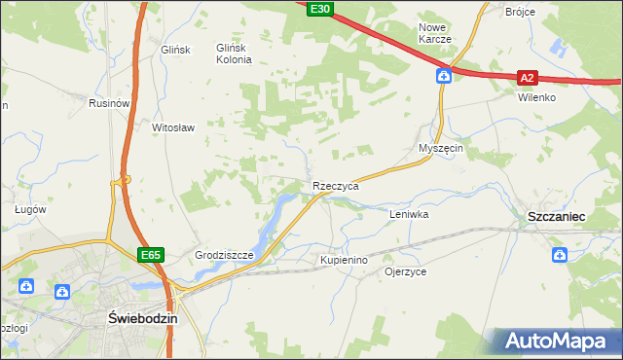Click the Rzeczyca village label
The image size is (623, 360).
[336, 186]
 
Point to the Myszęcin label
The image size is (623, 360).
[440, 148]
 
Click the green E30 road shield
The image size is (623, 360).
[320, 9]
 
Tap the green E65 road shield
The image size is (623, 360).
[150, 255]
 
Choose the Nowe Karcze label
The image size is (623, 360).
[434, 33]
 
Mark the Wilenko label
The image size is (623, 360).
[536, 98]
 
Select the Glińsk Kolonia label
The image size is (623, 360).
[234, 54]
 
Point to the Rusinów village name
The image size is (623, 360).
[109, 103]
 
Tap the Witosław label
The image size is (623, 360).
[174, 127]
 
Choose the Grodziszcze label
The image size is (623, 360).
[224, 256]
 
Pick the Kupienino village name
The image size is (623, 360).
[344, 261]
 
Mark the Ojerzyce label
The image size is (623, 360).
[406, 272]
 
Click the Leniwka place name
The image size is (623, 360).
[409, 213]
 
